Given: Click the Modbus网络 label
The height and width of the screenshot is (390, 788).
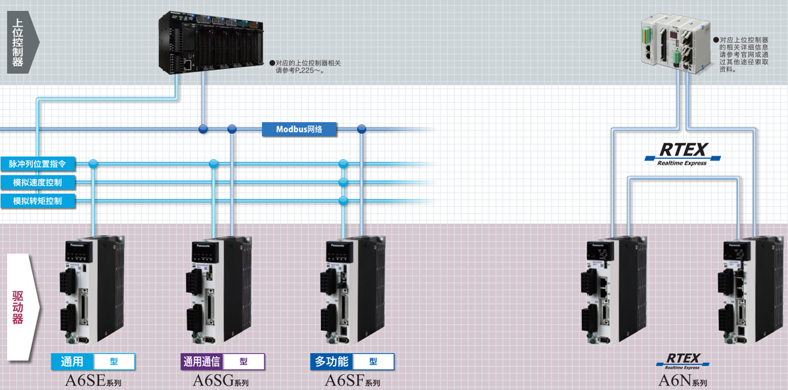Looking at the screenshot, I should (x=299, y=129).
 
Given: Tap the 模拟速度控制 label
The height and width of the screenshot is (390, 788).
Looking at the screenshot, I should (x=37, y=182).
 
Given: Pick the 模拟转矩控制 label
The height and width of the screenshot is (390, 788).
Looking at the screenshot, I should (x=37, y=201).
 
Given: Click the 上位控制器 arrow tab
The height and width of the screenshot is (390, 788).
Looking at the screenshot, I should (x=20, y=43).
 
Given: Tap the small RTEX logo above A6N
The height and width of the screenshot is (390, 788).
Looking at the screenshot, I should (x=683, y=360).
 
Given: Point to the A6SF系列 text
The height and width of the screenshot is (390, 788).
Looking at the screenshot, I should (x=352, y=381).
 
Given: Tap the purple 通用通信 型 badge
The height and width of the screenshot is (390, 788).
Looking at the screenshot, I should (x=223, y=361).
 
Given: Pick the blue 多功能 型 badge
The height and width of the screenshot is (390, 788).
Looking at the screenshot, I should (x=353, y=361).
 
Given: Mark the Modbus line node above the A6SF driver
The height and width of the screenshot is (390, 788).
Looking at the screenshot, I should (x=361, y=129).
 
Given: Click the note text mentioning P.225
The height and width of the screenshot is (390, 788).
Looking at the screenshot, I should (x=309, y=66).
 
